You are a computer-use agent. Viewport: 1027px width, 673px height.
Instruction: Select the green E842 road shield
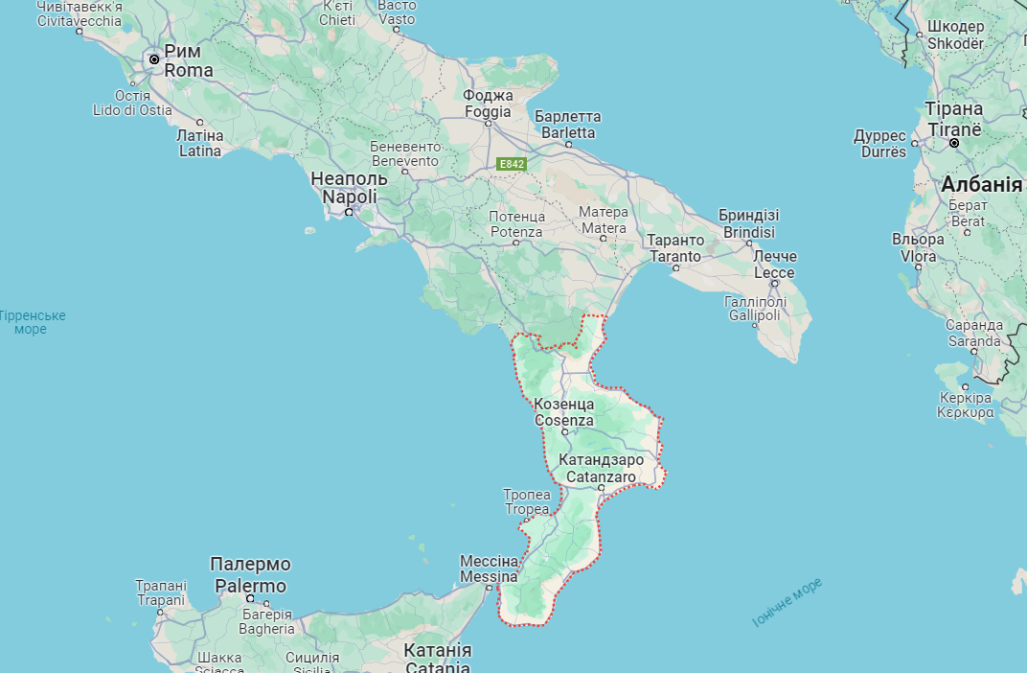tap(513, 164)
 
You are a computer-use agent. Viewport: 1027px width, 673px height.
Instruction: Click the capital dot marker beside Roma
tap(153, 59)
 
